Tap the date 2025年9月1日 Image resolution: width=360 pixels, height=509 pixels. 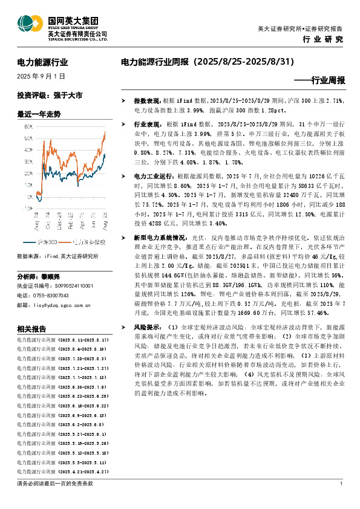pyautogui.click(x=41, y=77)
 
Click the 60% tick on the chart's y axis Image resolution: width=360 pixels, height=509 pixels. pyautogui.click(x=28, y=127)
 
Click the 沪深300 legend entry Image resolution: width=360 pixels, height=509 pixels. pyautogui.click(x=54, y=225)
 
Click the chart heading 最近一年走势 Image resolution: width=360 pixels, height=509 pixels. pyautogui.click(x=39, y=114)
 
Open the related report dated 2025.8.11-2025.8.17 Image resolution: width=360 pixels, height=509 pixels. pyautogui.click(x=62, y=341)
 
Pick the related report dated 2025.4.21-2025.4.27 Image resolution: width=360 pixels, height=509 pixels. pyautogui.click(x=62, y=470)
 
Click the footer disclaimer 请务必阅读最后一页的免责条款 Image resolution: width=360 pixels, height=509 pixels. pyautogui.click(x=56, y=484)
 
